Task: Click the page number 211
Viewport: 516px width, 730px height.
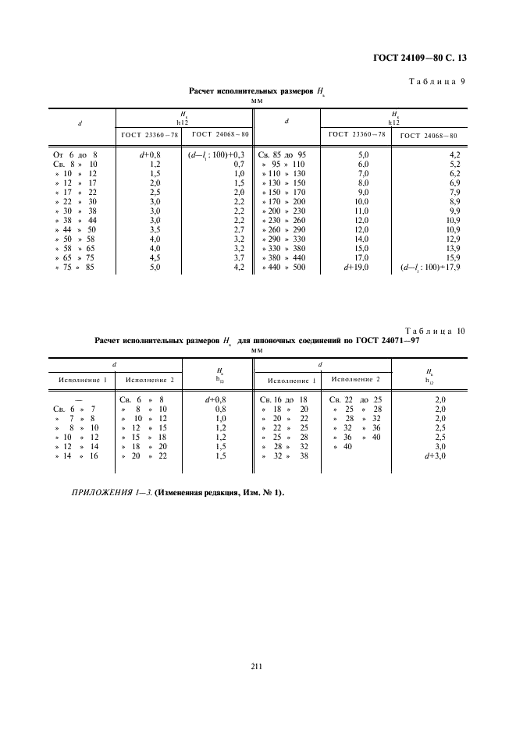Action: click(257, 665)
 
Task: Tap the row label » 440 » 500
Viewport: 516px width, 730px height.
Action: click(285, 268)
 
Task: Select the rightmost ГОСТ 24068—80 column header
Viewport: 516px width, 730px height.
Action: click(428, 135)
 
